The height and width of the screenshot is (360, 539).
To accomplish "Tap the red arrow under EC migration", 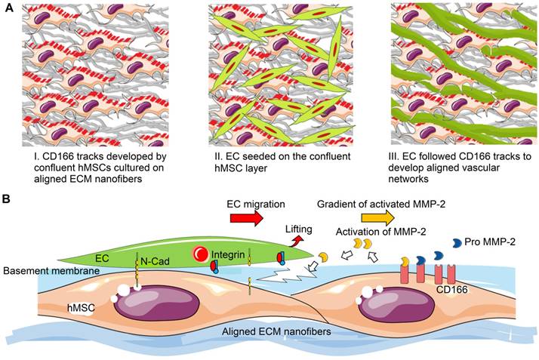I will (246, 220).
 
